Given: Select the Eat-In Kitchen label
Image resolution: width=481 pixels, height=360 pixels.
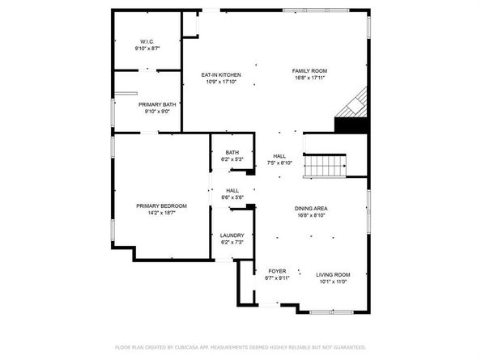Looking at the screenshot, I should (221, 74).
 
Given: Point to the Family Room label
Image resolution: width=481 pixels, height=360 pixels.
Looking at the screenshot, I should (309, 71).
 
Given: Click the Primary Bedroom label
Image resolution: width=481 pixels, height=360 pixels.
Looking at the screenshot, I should (161, 205).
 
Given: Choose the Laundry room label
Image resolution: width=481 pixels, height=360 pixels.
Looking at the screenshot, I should (232, 235).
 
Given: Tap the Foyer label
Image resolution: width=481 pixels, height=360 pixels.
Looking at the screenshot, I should (276, 271).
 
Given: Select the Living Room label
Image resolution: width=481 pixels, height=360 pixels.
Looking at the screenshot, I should (332, 274).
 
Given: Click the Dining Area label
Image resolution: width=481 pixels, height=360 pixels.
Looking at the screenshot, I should (311, 208).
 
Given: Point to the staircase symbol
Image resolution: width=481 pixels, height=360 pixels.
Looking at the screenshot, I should (326, 167).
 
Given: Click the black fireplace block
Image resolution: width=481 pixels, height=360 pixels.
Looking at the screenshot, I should (349, 125).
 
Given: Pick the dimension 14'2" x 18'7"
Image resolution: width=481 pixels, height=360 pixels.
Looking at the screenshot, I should (161, 213).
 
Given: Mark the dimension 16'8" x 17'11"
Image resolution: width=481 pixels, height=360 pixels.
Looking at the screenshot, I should (309, 78).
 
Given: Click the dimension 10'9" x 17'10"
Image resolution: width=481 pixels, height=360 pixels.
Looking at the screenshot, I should (221, 82).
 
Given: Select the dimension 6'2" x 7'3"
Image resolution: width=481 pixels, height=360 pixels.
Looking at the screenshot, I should (232, 243).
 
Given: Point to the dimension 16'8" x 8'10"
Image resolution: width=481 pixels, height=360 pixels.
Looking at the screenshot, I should (311, 215).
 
